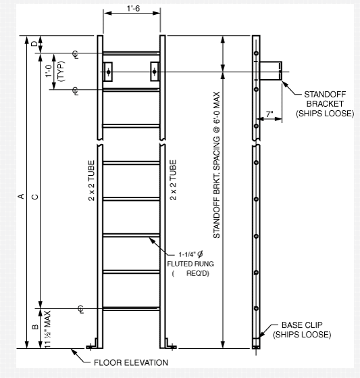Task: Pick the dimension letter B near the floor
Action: coord(35,329)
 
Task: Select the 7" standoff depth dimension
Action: coord(269,115)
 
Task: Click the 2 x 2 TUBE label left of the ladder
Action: coord(91,181)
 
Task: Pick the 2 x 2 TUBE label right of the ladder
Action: coord(174,181)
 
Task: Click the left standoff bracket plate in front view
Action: coord(108,71)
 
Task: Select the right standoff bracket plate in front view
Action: coord(154,71)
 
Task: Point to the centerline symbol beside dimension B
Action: coord(80,310)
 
